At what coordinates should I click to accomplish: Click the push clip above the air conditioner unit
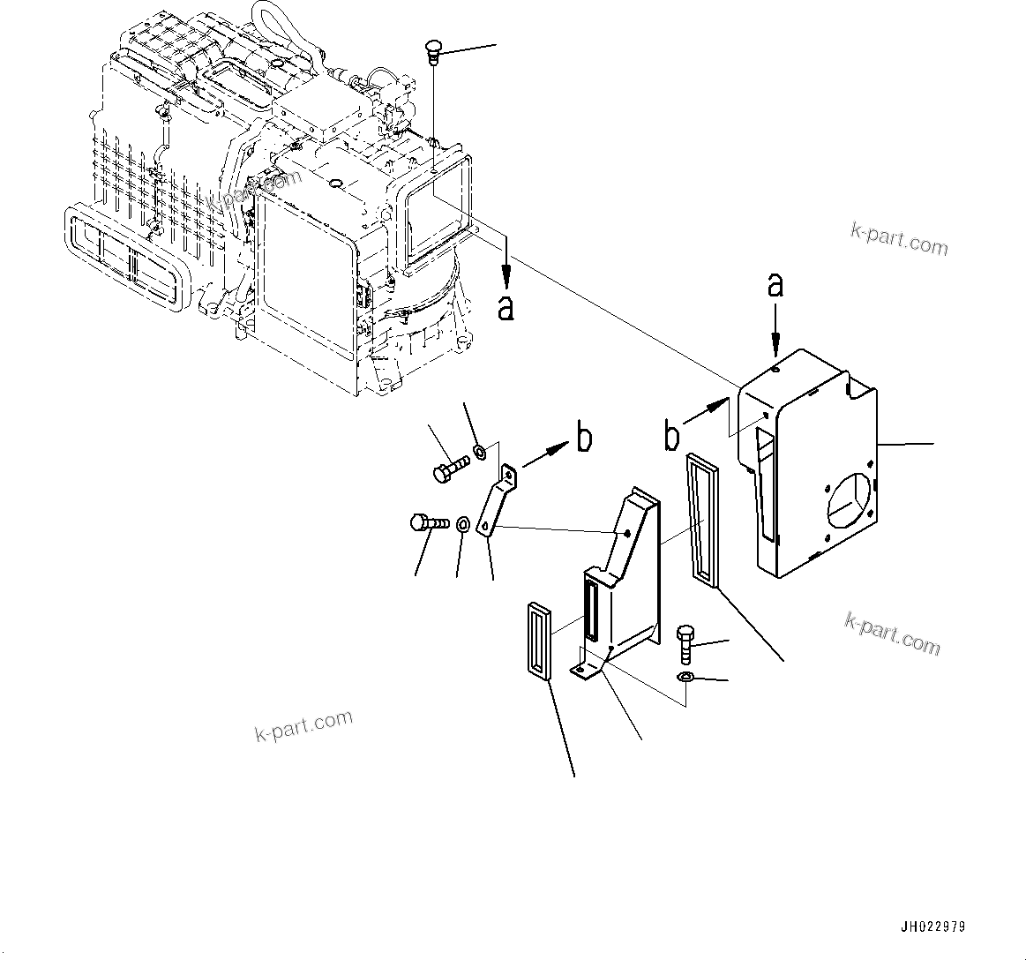point(432,50)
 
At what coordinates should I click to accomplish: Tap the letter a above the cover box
point(775,285)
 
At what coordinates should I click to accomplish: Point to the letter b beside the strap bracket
point(584,438)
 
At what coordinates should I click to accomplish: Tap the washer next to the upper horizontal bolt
point(480,453)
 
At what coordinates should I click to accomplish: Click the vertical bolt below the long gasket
point(685,644)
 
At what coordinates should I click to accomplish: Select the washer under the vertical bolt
point(685,677)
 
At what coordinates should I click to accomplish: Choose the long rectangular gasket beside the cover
point(702,520)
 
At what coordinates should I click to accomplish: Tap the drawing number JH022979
point(932,927)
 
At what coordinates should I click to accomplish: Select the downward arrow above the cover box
point(775,327)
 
